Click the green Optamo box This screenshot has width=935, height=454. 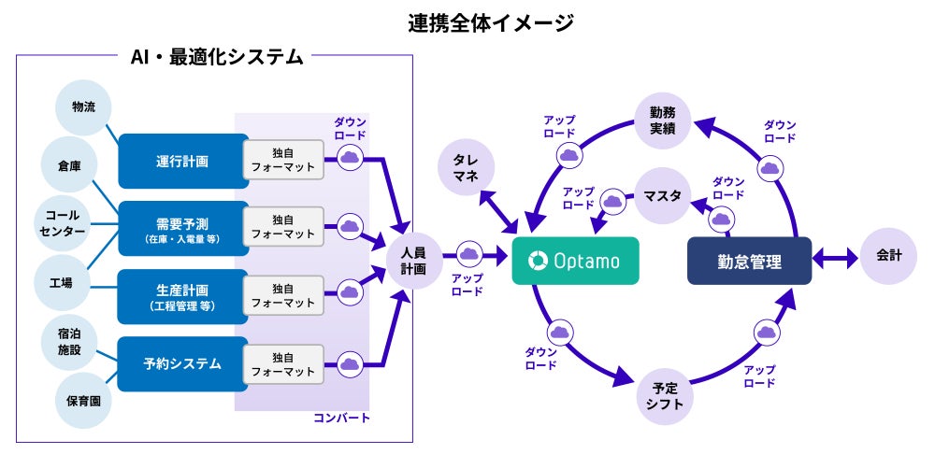point(575,261)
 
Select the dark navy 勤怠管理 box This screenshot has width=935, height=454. point(749,261)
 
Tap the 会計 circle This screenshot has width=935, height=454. point(888,256)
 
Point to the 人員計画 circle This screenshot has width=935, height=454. point(413,261)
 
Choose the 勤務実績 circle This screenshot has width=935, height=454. point(663,121)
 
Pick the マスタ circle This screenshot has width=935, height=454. point(663,195)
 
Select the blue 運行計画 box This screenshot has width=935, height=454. point(183,161)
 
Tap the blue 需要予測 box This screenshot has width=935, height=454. point(183,229)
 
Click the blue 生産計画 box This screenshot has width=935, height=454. point(183,297)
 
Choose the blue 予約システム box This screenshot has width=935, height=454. point(183,364)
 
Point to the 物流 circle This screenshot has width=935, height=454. point(83,107)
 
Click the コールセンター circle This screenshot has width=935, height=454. point(63,223)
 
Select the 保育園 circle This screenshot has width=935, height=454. point(83,400)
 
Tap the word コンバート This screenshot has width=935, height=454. point(341,418)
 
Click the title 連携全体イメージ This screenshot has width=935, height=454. point(491,23)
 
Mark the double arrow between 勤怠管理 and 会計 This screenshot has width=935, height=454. point(835,259)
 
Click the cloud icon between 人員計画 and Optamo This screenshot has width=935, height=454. point(469,254)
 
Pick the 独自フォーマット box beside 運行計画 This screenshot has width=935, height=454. point(283,160)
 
